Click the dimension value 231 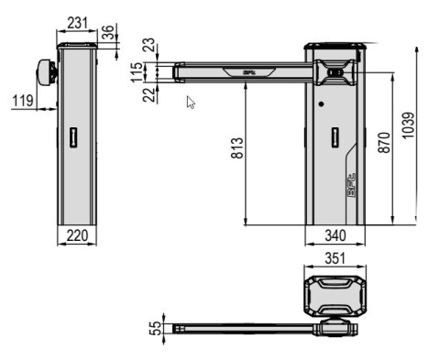coord(77,23)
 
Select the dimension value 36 coord(108,32)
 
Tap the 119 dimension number coord(23,101)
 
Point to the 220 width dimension coord(77,235)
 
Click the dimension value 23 coord(149,45)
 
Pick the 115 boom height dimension coord(137,72)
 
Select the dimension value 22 coord(149,95)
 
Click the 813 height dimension coord(237,148)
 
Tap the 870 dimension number coord(384,142)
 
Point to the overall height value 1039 coord(408,125)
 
